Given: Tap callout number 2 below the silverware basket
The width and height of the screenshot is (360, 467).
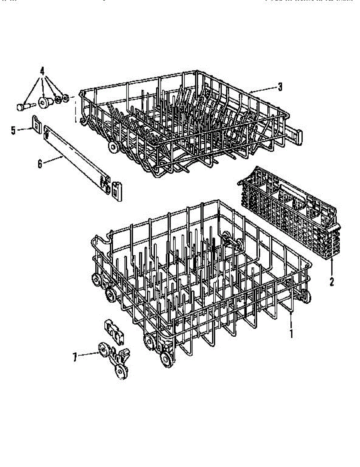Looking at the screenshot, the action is [331, 281].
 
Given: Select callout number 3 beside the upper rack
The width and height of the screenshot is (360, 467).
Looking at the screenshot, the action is [280, 87].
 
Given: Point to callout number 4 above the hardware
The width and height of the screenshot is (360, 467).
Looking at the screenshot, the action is [42, 71].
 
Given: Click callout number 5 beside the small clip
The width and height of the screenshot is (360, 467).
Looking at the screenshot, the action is [14, 130].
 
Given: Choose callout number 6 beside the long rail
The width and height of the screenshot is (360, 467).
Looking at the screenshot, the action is [40, 164].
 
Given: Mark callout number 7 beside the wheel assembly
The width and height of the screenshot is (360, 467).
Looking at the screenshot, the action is [75, 356].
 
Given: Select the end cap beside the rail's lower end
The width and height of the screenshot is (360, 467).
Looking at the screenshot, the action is [117, 191].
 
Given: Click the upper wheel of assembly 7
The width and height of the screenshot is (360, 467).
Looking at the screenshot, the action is [104, 349].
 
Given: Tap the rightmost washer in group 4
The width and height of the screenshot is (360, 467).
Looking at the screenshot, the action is [65, 97].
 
